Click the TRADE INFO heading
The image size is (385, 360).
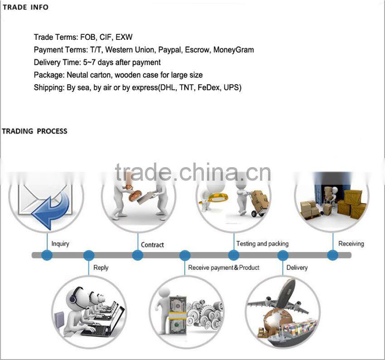(x=25, y=7)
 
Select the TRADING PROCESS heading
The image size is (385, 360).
(x=34, y=131)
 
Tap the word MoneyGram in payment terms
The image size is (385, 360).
(x=233, y=50)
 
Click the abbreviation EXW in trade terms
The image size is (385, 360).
(x=124, y=37)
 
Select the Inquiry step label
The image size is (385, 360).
(x=60, y=244)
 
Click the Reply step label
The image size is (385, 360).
(x=101, y=268)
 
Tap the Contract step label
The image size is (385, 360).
(x=152, y=245)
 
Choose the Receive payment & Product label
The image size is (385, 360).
(x=224, y=268)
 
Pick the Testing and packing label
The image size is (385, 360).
(x=262, y=244)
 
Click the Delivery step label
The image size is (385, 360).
(x=297, y=268)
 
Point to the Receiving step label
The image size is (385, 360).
(x=351, y=244)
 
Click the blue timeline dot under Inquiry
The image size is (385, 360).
(x=47, y=255)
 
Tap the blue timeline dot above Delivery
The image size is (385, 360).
(x=283, y=255)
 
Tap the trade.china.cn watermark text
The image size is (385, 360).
(x=192, y=173)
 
